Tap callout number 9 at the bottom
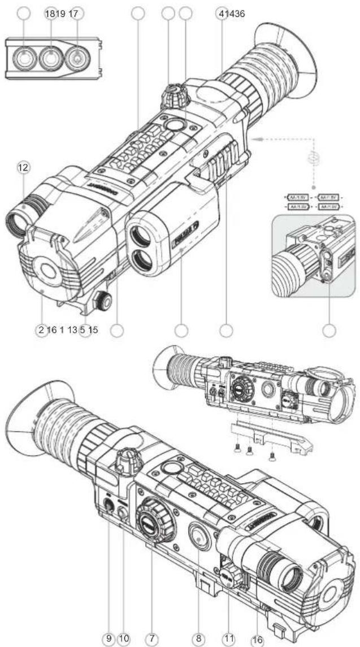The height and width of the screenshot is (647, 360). coord(109,638)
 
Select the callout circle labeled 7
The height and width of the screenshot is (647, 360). coord(151,638)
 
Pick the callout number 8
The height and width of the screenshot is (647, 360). coord(198,638)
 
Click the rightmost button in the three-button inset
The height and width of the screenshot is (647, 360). coord(77,57)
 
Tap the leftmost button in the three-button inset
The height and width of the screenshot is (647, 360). coord(24,57)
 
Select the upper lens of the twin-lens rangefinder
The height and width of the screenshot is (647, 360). coord(139,232)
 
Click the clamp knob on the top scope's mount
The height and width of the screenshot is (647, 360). coord(101,298)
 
